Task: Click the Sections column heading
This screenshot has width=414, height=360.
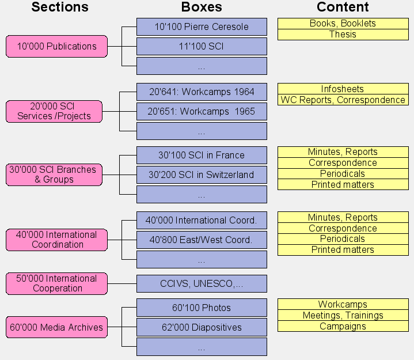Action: (x=60, y=7)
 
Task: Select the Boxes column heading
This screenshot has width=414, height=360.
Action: (x=202, y=7)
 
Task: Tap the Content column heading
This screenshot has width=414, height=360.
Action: (x=343, y=7)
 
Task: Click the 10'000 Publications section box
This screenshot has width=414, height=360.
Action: (x=56, y=46)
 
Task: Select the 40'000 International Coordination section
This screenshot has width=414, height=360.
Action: (x=56, y=240)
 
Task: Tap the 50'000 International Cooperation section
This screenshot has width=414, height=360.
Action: (x=56, y=283)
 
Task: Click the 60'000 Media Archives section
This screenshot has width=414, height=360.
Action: (x=56, y=327)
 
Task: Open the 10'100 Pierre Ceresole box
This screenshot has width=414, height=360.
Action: (x=202, y=26)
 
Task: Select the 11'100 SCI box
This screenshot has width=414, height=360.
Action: (x=202, y=46)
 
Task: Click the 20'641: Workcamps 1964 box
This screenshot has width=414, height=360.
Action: (x=202, y=92)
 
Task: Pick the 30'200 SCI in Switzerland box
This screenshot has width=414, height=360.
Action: (x=202, y=175)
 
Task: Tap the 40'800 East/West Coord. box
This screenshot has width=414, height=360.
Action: (x=202, y=240)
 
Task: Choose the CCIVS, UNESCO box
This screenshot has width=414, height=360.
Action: (x=202, y=283)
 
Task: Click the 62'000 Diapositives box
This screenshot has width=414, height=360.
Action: (x=202, y=327)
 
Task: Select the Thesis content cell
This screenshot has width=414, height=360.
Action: (x=343, y=35)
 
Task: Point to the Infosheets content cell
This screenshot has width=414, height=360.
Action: (x=343, y=89)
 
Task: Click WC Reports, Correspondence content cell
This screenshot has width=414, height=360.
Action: (x=343, y=100)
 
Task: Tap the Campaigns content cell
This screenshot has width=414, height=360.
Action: (x=343, y=326)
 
